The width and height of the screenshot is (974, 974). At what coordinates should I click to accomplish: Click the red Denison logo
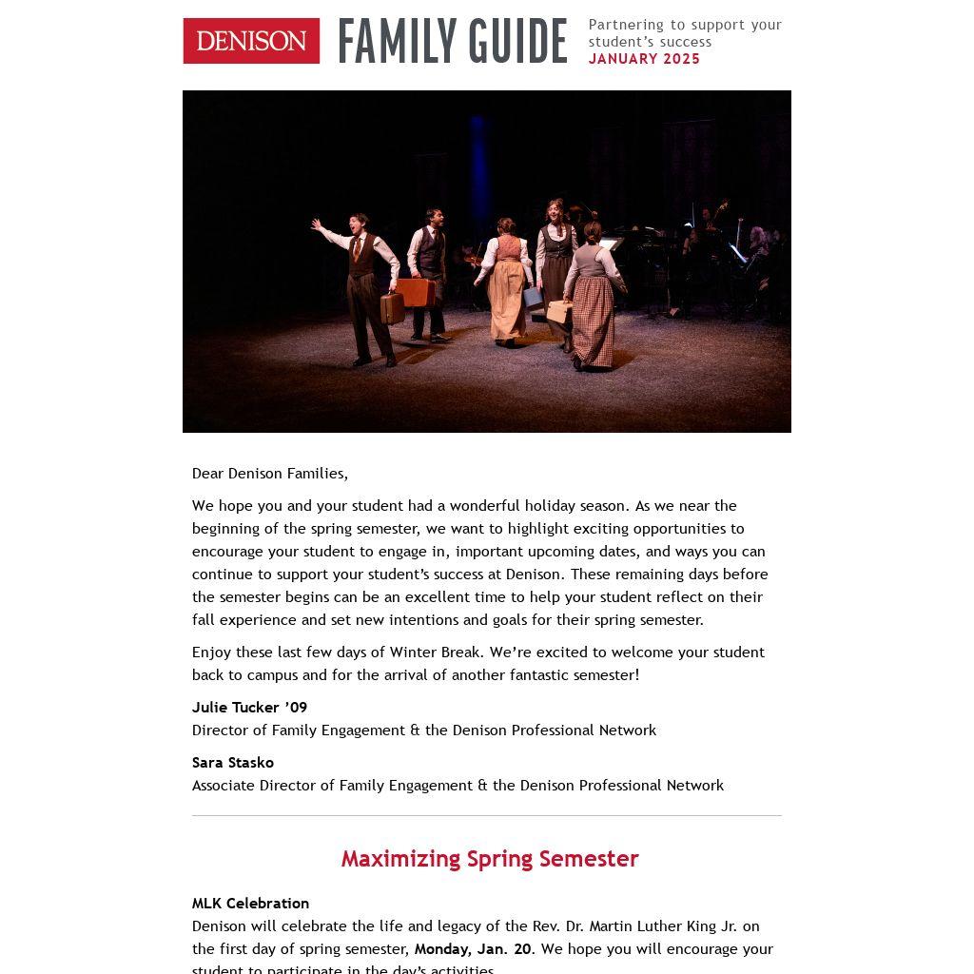pyautogui.click(x=251, y=41)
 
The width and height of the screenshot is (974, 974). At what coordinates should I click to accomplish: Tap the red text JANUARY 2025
pyautogui.click(x=644, y=59)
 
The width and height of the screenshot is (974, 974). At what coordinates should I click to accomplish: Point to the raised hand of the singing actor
pyautogui.click(x=317, y=225)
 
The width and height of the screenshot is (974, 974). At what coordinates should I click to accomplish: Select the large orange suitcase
pyautogui.click(x=416, y=291)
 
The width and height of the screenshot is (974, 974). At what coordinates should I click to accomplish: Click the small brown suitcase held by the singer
pyautogui.click(x=392, y=307)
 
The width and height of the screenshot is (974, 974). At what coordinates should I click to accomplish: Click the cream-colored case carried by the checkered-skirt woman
pyautogui.click(x=559, y=311)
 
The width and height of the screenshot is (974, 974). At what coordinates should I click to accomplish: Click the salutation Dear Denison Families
pyautogui.click(x=270, y=474)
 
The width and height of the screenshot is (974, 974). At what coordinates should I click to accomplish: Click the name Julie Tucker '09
pyautogui.click(x=249, y=708)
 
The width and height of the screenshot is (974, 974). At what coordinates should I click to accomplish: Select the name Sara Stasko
pyautogui.click(x=233, y=763)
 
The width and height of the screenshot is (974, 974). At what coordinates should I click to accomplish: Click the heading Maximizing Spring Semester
pyautogui.click(x=490, y=859)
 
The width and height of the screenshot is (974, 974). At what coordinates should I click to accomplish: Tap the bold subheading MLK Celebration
pyautogui.click(x=250, y=904)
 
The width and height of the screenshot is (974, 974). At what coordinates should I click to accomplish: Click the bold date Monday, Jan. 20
pyautogui.click(x=473, y=949)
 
